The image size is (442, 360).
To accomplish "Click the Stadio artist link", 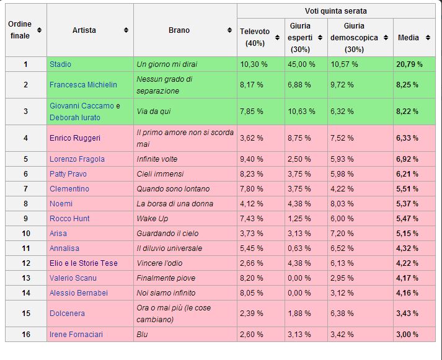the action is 60,64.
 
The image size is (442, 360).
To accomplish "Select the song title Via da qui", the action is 154,112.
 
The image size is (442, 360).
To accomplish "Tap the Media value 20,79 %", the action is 409,64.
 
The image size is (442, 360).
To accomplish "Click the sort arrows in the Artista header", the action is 126,30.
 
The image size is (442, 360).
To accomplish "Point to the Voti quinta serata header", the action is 336,11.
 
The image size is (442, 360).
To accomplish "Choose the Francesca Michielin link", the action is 83,85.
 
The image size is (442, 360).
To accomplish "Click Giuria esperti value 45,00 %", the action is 301,64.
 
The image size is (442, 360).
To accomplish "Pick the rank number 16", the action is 26,335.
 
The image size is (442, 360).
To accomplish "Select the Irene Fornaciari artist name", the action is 76,335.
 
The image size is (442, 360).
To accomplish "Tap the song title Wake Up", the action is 152,219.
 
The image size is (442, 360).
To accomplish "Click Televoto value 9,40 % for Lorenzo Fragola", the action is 252,159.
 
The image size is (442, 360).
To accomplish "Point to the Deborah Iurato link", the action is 75,118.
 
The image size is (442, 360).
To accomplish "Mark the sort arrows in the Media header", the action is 428,37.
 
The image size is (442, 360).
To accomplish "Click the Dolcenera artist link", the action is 67,314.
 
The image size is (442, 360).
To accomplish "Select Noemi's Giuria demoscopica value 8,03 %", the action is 342,204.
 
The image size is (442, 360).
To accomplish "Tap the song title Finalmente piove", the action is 166,278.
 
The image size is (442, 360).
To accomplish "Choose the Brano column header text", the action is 179,30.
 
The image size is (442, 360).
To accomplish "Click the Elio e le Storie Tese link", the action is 84,263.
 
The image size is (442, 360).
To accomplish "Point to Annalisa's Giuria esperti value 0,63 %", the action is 299,248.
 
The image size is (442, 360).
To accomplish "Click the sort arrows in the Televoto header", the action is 277,37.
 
